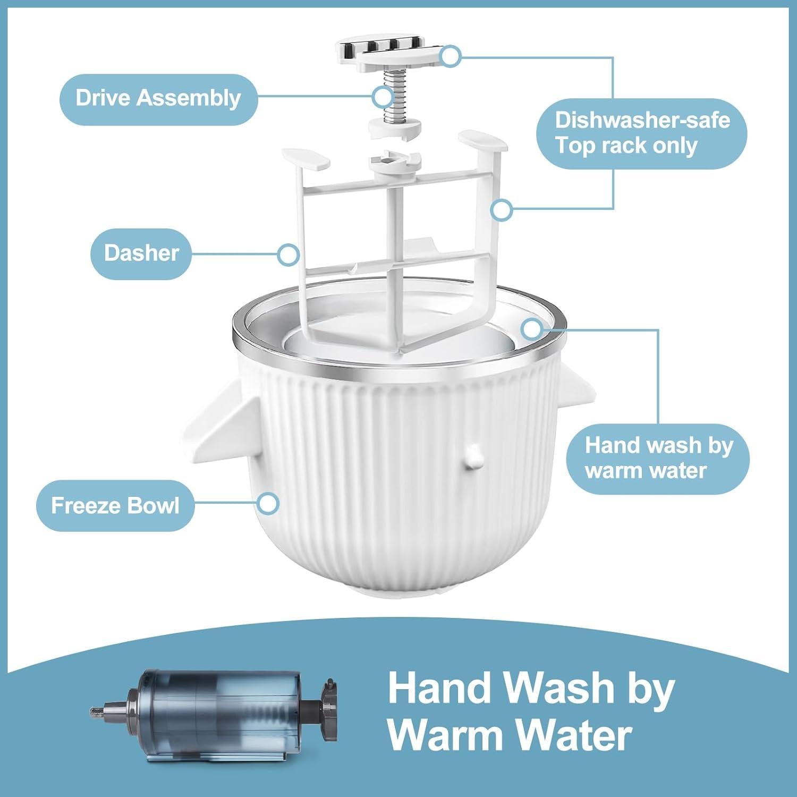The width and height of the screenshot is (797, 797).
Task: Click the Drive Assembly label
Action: pos(158,99)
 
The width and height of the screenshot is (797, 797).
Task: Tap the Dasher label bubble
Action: pos(141,253)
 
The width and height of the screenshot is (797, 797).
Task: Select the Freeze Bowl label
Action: pos(115,505)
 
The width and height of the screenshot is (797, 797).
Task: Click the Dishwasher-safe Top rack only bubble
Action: pos(641,133)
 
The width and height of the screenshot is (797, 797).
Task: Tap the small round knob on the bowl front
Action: pos(473,456)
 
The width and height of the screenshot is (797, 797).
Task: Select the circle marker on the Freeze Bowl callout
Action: pos(269,503)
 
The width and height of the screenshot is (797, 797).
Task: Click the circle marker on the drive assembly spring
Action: pos(383,97)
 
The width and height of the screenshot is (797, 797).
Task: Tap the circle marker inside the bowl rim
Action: pos(531,329)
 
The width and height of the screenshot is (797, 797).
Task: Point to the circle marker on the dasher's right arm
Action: pos(501,210)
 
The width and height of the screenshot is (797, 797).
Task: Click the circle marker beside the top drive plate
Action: pos(451,55)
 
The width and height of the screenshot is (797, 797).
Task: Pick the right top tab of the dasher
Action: pos(482,141)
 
